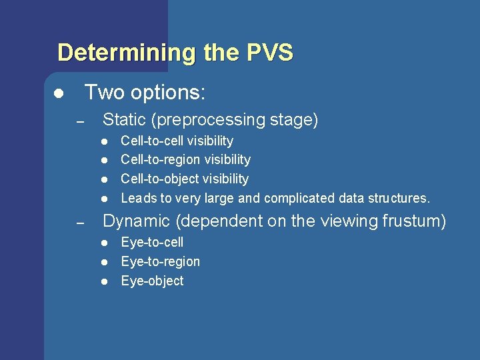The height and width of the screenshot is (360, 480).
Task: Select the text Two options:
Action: [x=145, y=93]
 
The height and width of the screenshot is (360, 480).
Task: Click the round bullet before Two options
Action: [x=59, y=93]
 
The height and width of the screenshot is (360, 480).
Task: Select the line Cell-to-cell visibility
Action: [x=177, y=141]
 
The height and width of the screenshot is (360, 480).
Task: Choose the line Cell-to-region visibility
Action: [x=185, y=159]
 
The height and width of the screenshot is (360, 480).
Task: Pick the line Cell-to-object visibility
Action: [x=184, y=179]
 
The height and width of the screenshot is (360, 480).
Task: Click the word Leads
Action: [x=137, y=198]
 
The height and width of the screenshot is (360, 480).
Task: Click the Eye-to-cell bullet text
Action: [x=152, y=242]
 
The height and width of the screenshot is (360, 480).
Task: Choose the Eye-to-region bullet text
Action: [x=160, y=261]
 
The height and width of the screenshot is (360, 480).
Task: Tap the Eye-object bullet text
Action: [x=152, y=281]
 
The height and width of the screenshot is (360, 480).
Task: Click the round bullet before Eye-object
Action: [x=105, y=281]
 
